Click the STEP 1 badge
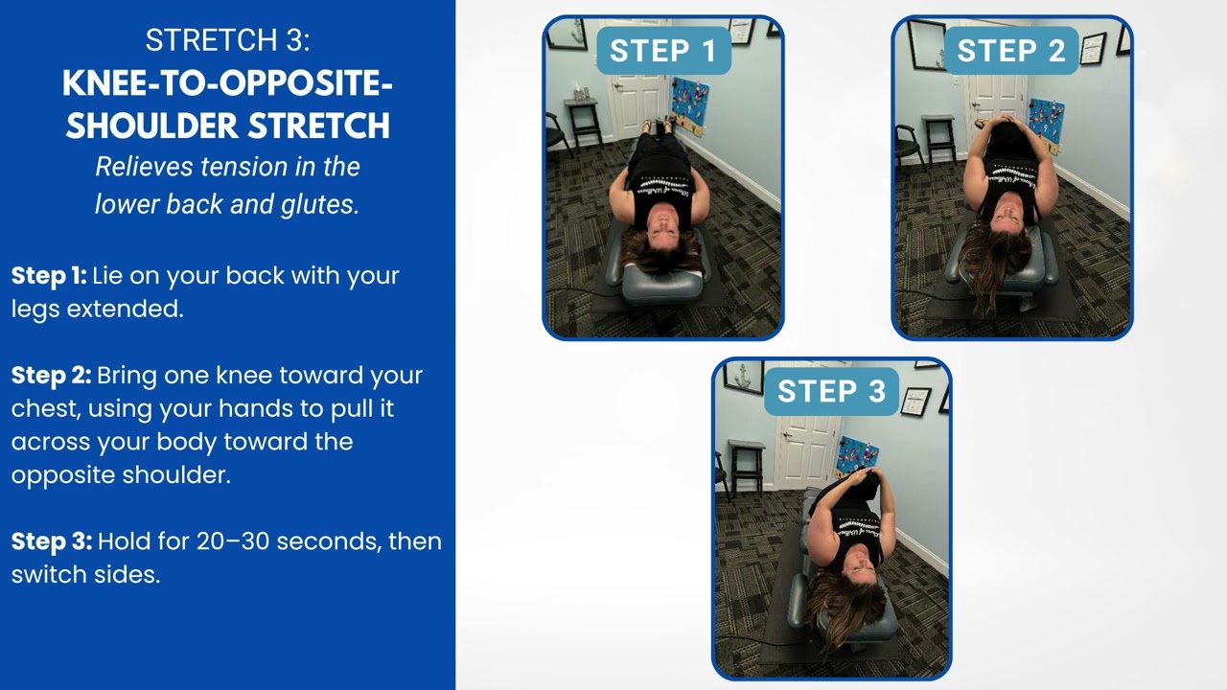click(663, 51)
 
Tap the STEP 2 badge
click(1011, 51)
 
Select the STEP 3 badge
click(831, 391)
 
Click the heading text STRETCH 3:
click(227, 40)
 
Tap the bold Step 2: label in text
click(51, 377)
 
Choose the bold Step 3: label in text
click(52, 542)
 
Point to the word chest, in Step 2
click(46, 409)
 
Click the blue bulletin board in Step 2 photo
click(1047, 126)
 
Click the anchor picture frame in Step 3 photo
click(744, 378)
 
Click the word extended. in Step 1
click(125, 310)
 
